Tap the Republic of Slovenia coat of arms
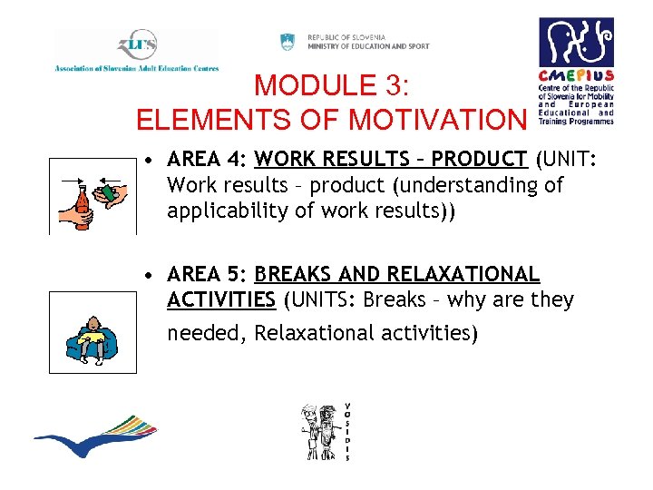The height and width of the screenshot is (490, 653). point(288,41)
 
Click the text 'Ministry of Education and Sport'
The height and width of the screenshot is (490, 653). point(368,46)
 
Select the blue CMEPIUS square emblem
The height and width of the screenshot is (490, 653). point(576,42)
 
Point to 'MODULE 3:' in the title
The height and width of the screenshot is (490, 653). point(333,86)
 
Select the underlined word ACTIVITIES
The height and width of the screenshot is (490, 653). point(221,299)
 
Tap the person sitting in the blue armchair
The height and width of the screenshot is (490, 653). point(91,338)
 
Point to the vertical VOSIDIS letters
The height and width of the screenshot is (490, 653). point(347,431)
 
